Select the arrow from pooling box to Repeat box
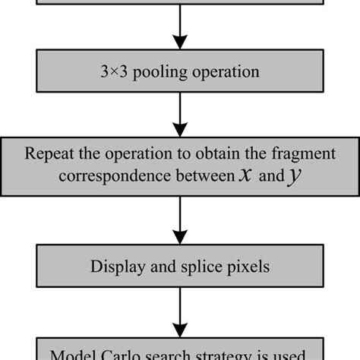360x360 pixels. [x=181, y=112]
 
